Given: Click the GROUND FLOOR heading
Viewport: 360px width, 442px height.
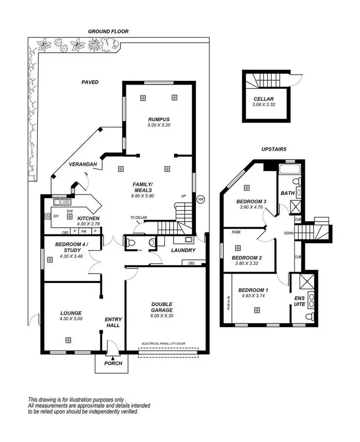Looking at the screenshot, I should tap(108, 31).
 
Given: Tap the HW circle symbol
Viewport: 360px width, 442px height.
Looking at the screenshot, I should tap(201, 198).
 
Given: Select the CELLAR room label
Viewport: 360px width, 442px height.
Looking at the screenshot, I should tap(264, 99).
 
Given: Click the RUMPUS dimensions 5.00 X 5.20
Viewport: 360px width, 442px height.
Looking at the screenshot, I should tap(159, 125).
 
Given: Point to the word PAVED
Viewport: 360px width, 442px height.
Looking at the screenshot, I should tap(90, 82).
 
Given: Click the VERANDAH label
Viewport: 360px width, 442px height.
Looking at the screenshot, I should tap(83, 164).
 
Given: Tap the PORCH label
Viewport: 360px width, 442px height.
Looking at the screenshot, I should tap(113, 363).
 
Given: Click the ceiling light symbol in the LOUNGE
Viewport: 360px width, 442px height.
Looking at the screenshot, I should tap(69, 340).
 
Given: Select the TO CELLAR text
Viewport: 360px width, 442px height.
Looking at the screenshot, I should tap(138, 218).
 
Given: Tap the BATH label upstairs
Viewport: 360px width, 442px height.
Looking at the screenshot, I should tap(288, 193).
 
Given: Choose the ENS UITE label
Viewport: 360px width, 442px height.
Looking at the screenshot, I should tap(300, 301).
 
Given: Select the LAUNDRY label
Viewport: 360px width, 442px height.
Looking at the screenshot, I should tap(183, 250).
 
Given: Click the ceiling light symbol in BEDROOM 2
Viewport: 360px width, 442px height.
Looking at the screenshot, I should tap(238, 248).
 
